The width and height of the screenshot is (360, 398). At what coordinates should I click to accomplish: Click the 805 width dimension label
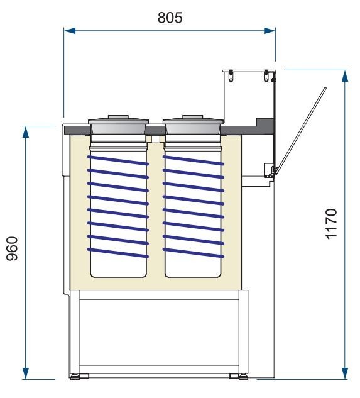coord(170,18)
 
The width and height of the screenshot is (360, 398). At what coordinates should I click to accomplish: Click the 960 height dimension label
coord(12,248)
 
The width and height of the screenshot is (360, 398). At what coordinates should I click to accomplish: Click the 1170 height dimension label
coord(331,224)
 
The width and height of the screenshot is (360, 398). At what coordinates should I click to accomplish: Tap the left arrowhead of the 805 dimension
coord(70,31)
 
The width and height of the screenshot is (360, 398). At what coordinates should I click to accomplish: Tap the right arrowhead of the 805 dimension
coord(270,31)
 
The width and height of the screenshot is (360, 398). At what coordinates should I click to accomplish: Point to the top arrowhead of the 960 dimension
coord(25,132)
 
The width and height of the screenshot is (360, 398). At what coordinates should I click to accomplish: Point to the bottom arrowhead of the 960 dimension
coord(25,373)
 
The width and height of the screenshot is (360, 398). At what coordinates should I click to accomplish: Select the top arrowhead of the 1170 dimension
coord(345,76)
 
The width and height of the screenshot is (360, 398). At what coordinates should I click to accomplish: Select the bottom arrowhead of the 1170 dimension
coord(345,373)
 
